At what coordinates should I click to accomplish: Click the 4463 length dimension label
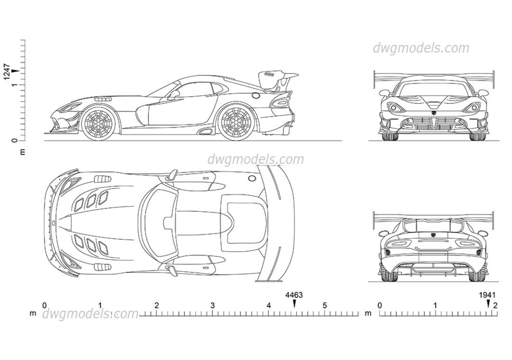294,295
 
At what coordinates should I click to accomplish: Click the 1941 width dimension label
487,295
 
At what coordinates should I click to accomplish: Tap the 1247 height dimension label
7,71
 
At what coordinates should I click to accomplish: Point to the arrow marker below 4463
294,303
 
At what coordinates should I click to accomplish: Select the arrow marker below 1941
488,303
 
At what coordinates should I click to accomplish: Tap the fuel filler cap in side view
256,96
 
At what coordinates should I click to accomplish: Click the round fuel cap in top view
252,178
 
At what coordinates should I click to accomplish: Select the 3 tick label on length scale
212,306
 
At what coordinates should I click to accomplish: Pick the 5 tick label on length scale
325,306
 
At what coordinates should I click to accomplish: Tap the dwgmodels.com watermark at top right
421,48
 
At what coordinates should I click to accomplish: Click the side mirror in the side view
175,94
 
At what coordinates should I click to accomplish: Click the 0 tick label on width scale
380,306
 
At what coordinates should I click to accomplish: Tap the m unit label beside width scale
368,313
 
